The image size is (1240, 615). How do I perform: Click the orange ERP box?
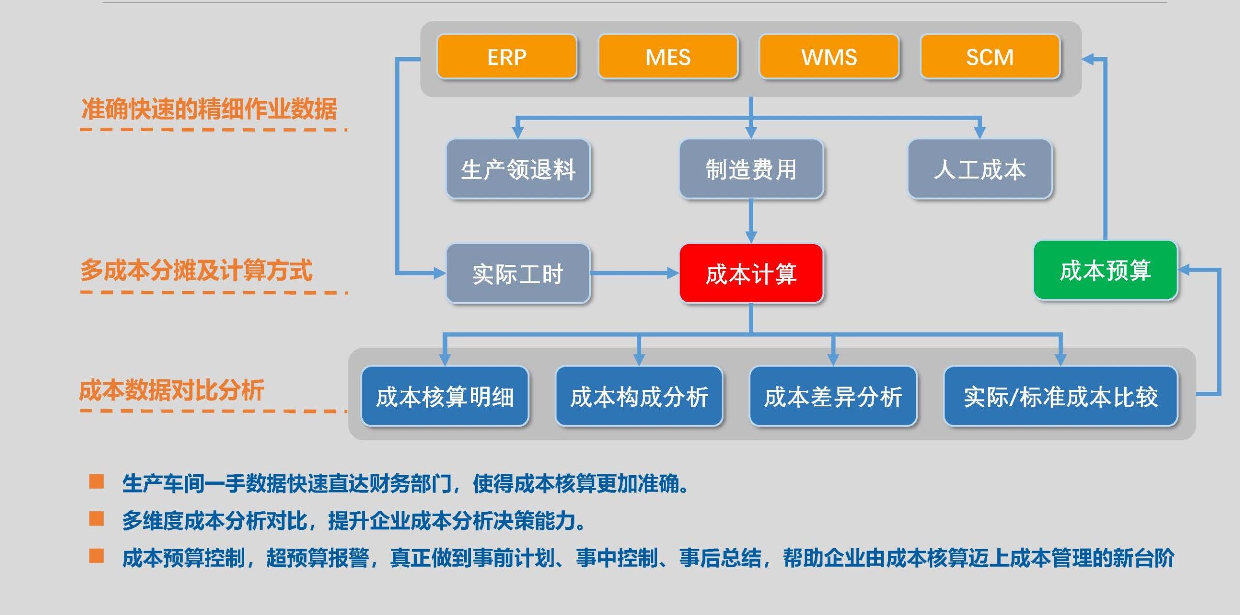pyautogui.click(x=507, y=57)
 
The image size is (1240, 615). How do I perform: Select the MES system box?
pyautogui.click(x=668, y=57)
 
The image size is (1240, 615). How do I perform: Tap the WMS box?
pyautogui.click(x=829, y=57)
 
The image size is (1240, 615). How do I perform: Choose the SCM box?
pyautogui.click(x=990, y=57)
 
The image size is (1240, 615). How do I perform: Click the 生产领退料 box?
pyautogui.click(x=518, y=169)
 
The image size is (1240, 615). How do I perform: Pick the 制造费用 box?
pyautogui.click(x=751, y=169)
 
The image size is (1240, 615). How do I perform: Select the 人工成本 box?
pyautogui.click(x=979, y=169)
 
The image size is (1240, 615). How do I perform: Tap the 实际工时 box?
pyautogui.click(x=518, y=274)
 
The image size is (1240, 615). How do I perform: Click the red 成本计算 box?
pyautogui.click(x=751, y=274)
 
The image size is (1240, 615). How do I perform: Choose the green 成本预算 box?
pyautogui.click(x=1105, y=270)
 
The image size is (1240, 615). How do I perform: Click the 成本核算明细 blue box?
pyautogui.click(x=445, y=397)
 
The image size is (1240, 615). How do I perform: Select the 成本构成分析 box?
pyautogui.click(x=639, y=397)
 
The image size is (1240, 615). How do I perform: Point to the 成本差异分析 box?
pyautogui.click(x=833, y=397)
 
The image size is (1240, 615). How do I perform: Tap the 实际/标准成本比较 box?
pyautogui.click(x=1060, y=397)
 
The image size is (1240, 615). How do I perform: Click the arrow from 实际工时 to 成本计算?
pyautogui.click(x=635, y=274)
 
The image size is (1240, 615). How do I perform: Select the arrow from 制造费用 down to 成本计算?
pyautogui.click(x=751, y=220)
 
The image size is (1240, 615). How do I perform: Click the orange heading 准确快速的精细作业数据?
pyautogui.click(x=209, y=108)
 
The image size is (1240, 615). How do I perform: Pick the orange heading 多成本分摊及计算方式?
pyautogui.click(x=196, y=270)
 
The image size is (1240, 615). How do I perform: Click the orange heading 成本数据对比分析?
pyautogui.click(x=171, y=390)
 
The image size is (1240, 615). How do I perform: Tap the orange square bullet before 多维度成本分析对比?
pyautogui.click(x=96, y=519)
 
